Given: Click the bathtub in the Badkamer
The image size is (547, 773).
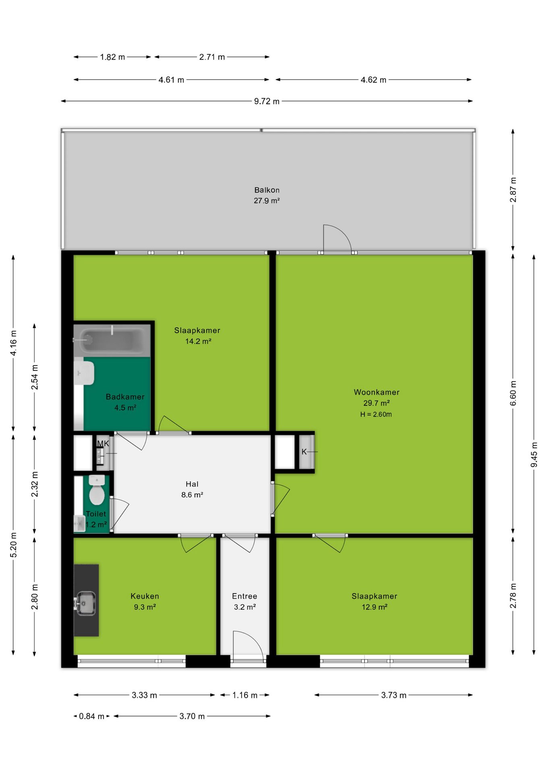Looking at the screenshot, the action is point(112,341).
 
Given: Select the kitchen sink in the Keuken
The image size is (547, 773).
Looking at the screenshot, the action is point(85,603).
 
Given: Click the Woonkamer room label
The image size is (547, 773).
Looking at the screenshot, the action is point(377,392).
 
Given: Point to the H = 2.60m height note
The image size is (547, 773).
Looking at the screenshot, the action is point(376,414).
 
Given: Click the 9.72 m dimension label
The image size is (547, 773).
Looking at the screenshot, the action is point(267,101).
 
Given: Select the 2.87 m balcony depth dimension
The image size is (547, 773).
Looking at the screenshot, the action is point(513,190).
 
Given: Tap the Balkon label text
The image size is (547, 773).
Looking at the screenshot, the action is point(267,190).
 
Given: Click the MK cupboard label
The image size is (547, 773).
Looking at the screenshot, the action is point(103,443).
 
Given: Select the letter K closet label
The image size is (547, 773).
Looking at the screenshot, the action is point(304,452).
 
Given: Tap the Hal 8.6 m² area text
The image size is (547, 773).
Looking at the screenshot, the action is point(192,495).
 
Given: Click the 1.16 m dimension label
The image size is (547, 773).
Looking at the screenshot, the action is point(244,695).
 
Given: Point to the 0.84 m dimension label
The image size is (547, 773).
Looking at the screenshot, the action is point(92,716).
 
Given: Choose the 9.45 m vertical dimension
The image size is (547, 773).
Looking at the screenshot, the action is point(534,455).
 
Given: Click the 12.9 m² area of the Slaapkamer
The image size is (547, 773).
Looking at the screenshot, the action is point(375,607).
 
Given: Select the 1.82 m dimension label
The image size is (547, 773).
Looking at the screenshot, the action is point(112,57).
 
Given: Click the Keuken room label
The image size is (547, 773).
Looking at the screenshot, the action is point(145,596).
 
